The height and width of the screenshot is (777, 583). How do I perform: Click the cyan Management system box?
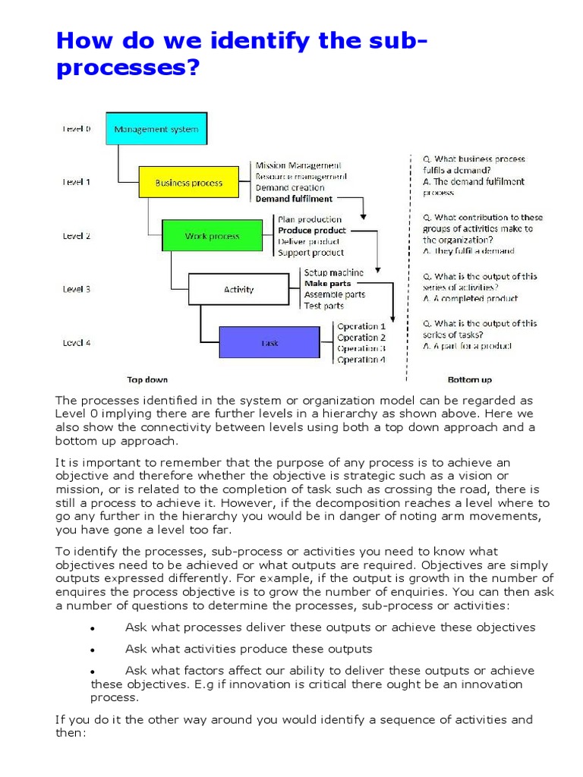pyautogui.click(x=156, y=129)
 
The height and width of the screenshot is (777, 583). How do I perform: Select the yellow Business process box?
pyautogui.click(x=188, y=183)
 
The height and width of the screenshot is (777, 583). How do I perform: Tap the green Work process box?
pyautogui.click(x=212, y=236)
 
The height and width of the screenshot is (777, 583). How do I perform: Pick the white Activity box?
pyautogui.click(x=238, y=289)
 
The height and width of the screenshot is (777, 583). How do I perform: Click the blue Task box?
pyautogui.click(x=269, y=342)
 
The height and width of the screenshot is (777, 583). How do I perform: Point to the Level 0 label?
pyautogui.click(x=76, y=129)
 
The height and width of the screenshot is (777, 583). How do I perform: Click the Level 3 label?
pyautogui.click(x=76, y=289)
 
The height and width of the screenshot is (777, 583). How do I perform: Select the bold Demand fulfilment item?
pyautogui.click(x=294, y=199)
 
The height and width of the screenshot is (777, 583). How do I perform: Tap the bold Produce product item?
pyautogui.click(x=311, y=230)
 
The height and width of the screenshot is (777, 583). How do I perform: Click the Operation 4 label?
pyautogui.click(x=361, y=360)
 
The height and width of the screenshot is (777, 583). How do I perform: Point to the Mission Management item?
pyautogui.click(x=298, y=165)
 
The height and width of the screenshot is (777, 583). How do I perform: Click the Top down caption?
pyautogui.click(x=147, y=379)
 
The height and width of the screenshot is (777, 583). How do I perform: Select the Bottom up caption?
pyautogui.click(x=469, y=379)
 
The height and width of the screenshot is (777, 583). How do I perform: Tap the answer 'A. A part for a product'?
pyautogui.click(x=467, y=346)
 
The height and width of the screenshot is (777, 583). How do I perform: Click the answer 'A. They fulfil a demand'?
pyautogui.click(x=468, y=250)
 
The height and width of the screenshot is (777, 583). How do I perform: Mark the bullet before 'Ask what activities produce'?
pyautogui.click(x=91, y=650)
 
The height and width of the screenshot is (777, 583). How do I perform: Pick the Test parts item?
pyautogui.click(x=323, y=306)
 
